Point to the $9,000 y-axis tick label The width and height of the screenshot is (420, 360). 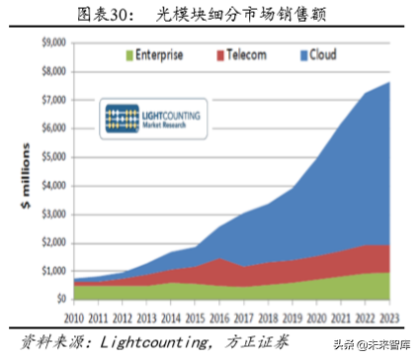pos(53,43)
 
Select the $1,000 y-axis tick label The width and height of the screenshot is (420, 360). pos(53,270)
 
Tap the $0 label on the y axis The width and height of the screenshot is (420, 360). pos(59,298)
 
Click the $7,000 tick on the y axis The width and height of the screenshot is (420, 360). pos(53,100)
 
